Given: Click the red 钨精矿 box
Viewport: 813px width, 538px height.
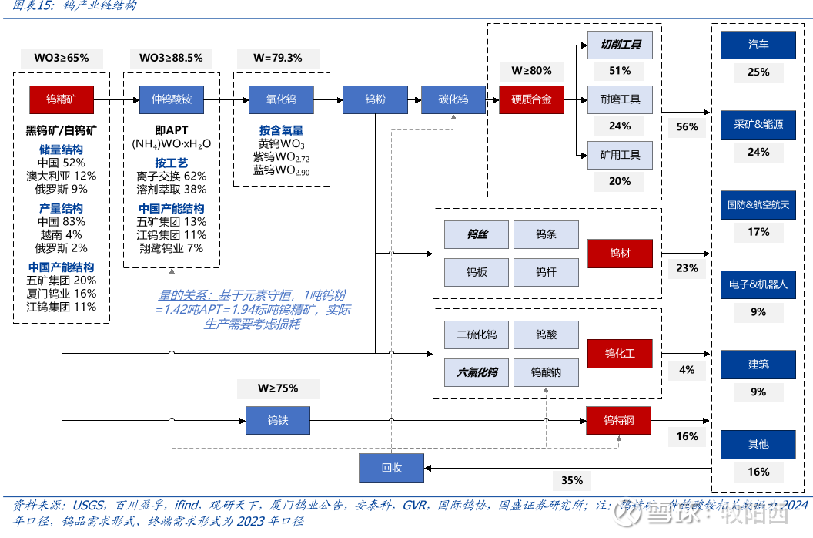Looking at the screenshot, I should click(62, 99).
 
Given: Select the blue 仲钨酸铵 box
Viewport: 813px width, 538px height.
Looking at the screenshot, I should click(171, 99).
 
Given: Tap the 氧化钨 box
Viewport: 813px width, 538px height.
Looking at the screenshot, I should click(281, 99).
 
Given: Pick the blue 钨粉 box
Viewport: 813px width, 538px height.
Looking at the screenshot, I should click(375, 99).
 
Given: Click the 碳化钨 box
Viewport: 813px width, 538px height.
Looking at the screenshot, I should click(453, 99).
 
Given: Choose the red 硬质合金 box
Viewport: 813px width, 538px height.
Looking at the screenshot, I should click(531, 99).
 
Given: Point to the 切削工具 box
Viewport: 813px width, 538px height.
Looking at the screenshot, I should click(620, 45).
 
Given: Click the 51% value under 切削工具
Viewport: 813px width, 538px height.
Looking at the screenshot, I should click(620, 71).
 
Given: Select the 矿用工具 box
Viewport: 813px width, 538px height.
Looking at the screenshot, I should click(620, 155).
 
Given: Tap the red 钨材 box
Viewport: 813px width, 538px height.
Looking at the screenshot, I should click(620, 253).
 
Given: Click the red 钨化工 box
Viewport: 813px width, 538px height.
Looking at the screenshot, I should click(620, 354).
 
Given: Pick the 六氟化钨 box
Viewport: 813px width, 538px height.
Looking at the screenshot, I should click(477, 373).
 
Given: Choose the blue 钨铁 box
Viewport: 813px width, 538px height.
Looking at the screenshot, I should click(278, 420).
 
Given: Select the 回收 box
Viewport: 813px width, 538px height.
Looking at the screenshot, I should click(392, 468).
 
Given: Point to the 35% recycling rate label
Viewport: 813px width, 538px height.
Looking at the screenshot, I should click(572, 481).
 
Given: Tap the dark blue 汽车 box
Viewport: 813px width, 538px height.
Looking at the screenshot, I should click(758, 45).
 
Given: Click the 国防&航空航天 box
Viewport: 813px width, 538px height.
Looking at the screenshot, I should click(758, 205).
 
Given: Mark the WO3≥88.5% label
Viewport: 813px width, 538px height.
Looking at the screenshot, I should click(171, 58).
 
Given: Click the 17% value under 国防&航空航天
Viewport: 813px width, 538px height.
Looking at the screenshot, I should click(758, 232).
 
